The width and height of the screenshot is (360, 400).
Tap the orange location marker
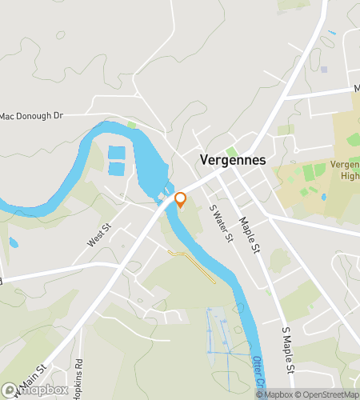point(181,199)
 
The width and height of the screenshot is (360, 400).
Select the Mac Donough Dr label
point(31,116)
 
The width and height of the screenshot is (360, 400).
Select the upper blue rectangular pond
point(116,153)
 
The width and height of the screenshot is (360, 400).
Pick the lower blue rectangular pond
point(116,169)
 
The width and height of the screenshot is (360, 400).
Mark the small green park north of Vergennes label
point(232,151)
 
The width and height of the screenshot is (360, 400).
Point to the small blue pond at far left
point(14,242)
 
